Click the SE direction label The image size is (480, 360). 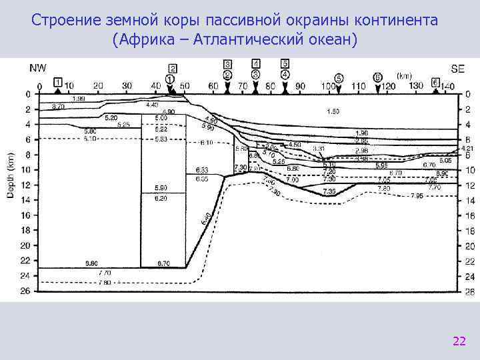457,67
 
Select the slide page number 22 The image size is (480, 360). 459,342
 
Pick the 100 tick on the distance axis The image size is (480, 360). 328,86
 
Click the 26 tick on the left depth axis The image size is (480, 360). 27,291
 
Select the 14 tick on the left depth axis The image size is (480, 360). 27,200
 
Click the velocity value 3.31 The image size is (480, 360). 318,149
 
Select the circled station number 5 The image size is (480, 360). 339,78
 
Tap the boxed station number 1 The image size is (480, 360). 58,81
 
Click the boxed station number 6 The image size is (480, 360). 436,82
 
